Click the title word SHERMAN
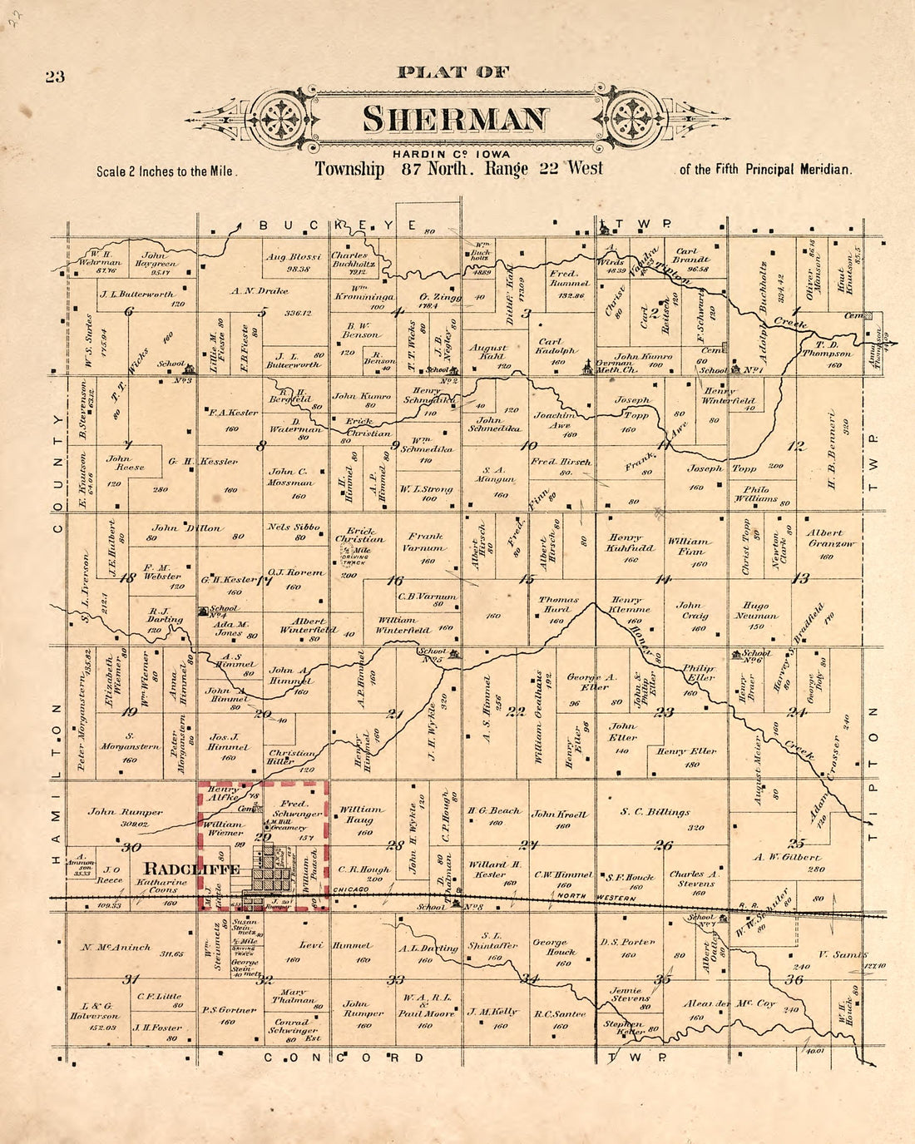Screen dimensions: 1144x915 point(456,119)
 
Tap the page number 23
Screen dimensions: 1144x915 point(55,77)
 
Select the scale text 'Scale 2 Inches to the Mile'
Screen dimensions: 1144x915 point(166,171)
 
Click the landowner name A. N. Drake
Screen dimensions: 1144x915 point(260,291)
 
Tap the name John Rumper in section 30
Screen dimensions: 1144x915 point(126,812)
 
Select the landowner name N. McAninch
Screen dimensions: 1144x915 point(116,947)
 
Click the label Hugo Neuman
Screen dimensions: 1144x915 point(756,611)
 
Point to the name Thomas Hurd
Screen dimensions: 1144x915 point(558,604)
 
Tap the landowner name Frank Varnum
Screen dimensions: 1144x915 point(425,542)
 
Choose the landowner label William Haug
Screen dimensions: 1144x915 point(362,814)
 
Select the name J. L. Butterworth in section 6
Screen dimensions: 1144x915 point(137,294)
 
